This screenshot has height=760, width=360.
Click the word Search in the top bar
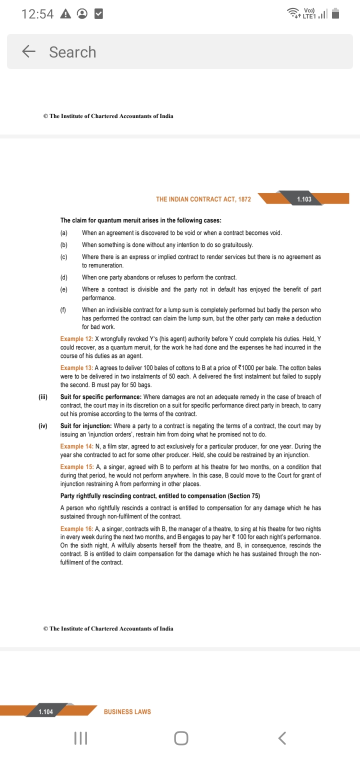(72, 52)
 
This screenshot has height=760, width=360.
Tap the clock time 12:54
(37, 14)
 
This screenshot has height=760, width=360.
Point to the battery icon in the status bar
(335, 14)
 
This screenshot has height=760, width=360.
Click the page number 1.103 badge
(304, 199)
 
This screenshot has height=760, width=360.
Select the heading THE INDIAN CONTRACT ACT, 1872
(203, 199)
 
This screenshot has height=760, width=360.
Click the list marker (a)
(64, 233)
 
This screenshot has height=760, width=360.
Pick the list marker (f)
(63, 310)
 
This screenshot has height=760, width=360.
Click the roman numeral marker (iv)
(43, 426)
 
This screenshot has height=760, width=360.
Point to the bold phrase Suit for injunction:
(85, 426)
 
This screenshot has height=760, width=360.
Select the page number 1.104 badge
(46, 711)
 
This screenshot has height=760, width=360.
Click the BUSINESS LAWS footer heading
(127, 711)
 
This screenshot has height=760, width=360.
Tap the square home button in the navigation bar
(181, 738)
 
